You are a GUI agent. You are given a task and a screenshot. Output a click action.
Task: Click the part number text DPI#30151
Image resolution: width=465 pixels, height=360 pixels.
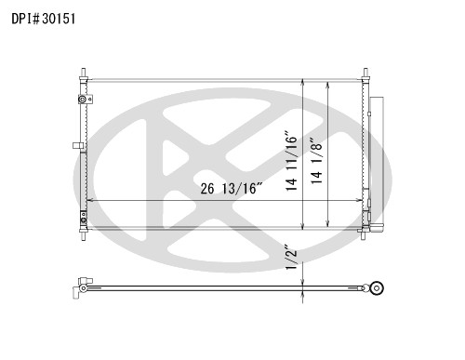coord(44,19)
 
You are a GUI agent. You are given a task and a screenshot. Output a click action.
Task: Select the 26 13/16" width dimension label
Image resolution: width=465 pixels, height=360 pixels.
coord(232,189)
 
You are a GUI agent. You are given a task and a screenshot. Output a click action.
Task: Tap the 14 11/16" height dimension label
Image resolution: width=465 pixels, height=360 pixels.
coord(291,162)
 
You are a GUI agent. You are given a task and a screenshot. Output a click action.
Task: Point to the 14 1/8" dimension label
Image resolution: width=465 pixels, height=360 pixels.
coord(317,161)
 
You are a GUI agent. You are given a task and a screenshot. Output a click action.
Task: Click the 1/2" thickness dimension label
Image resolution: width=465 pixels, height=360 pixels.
coord(291,258)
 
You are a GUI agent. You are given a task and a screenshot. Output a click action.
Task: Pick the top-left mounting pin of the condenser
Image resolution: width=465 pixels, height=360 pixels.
coord(84,74)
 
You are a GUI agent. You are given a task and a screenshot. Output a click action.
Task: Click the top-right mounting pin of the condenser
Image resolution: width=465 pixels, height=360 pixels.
coord(365,74)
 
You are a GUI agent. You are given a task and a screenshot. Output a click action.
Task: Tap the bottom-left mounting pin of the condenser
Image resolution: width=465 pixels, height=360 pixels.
coord(84,234)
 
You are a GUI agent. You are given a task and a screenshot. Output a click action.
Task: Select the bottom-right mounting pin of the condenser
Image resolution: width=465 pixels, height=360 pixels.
coord(363,234)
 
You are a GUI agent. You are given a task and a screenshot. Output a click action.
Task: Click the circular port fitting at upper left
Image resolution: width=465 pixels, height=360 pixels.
coord(83,100)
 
